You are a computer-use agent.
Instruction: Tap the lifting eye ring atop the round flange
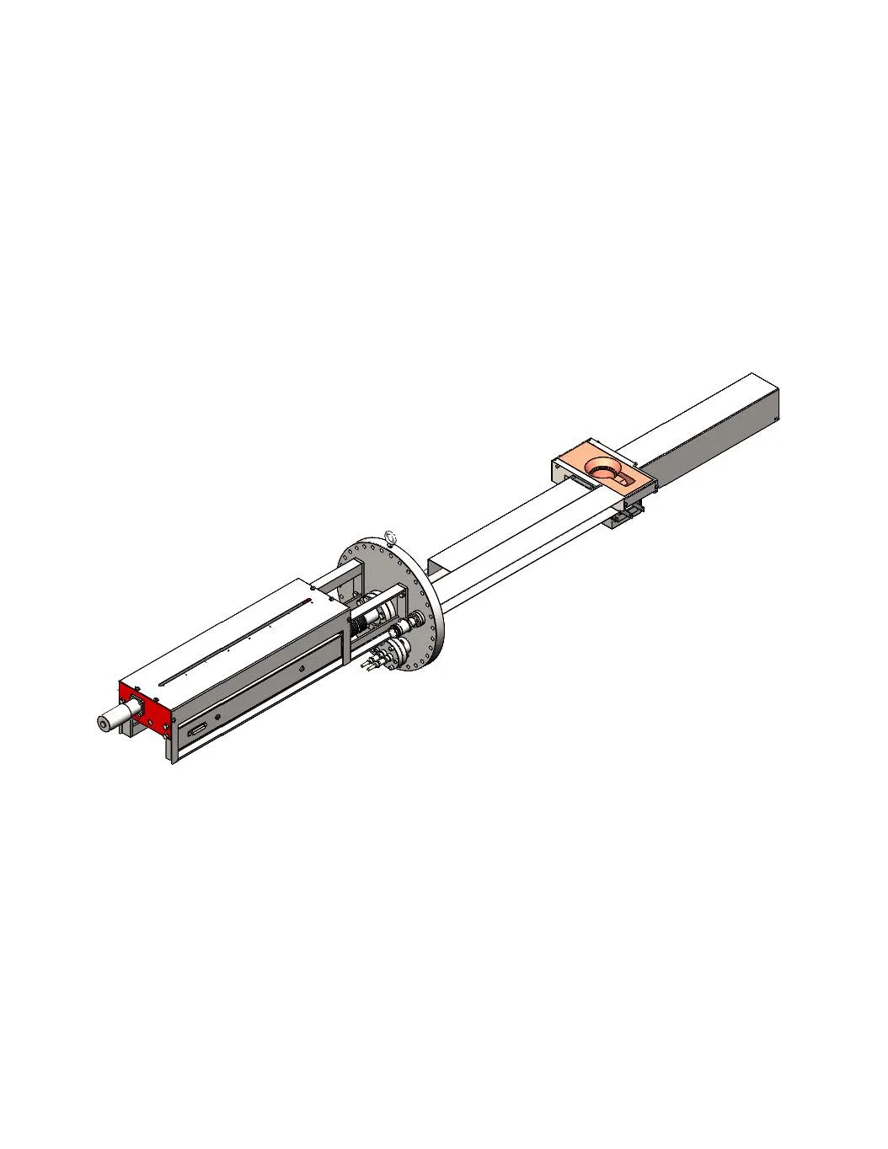(389, 535)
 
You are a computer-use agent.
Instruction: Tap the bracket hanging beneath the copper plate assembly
(624, 515)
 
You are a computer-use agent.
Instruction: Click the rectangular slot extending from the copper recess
(623, 478)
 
